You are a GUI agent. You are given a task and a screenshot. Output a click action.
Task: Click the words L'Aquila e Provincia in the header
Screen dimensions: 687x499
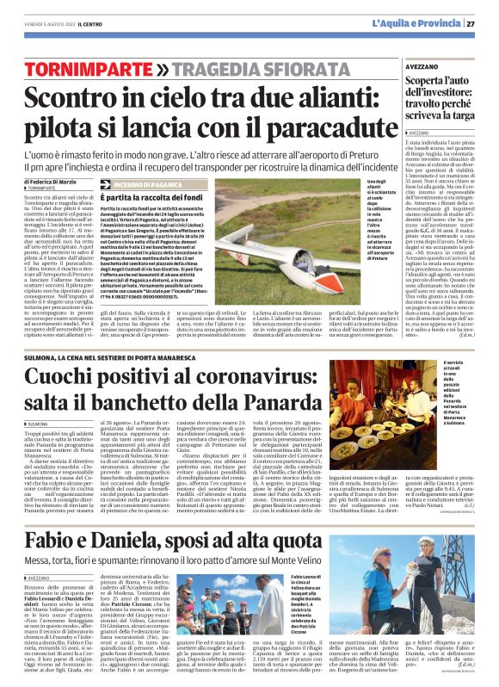click(x=421, y=22)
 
